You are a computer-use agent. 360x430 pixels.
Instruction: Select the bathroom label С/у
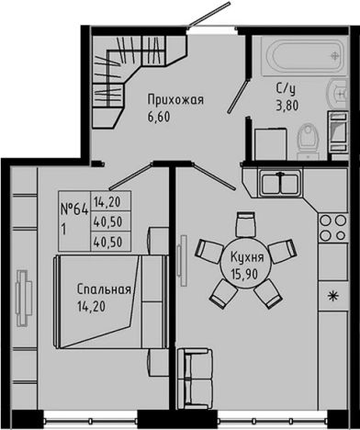(x=286, y=89)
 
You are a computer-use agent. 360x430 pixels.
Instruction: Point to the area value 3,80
(x=286, y=106)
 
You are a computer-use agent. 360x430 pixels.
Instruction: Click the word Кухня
(x=248, y=257)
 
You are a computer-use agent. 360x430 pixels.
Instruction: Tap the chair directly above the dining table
(x=245, y=223)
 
